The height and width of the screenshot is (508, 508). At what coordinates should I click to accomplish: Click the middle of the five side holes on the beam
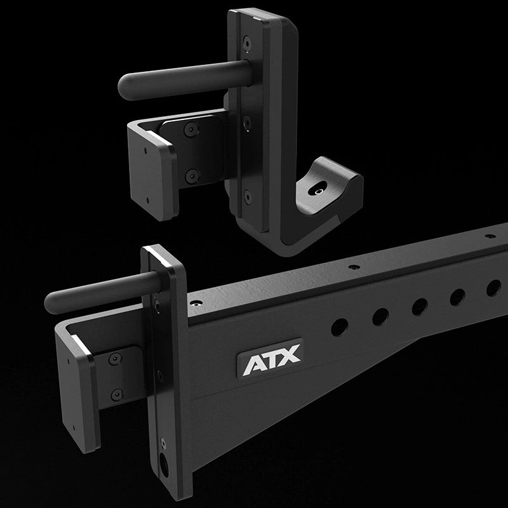420,306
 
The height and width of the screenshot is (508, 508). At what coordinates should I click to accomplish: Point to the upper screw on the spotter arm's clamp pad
115,360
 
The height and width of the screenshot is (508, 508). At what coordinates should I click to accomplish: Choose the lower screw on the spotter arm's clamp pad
116,394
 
